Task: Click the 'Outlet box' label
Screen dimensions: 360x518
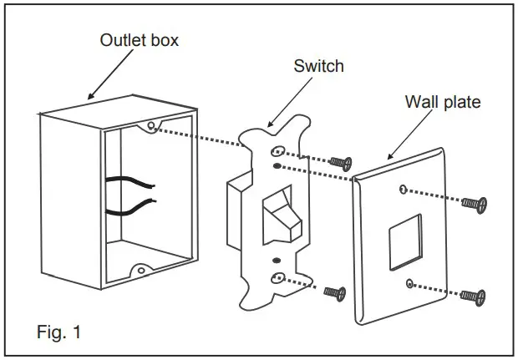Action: (138, 40)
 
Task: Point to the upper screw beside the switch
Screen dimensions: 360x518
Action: (339, 162)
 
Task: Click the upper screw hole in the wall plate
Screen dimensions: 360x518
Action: (404, 190)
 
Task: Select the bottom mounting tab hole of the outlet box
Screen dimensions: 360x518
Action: (141, 271)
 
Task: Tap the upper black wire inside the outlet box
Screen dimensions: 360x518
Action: (125, 180)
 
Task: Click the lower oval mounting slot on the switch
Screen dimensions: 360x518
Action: (278, 279)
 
